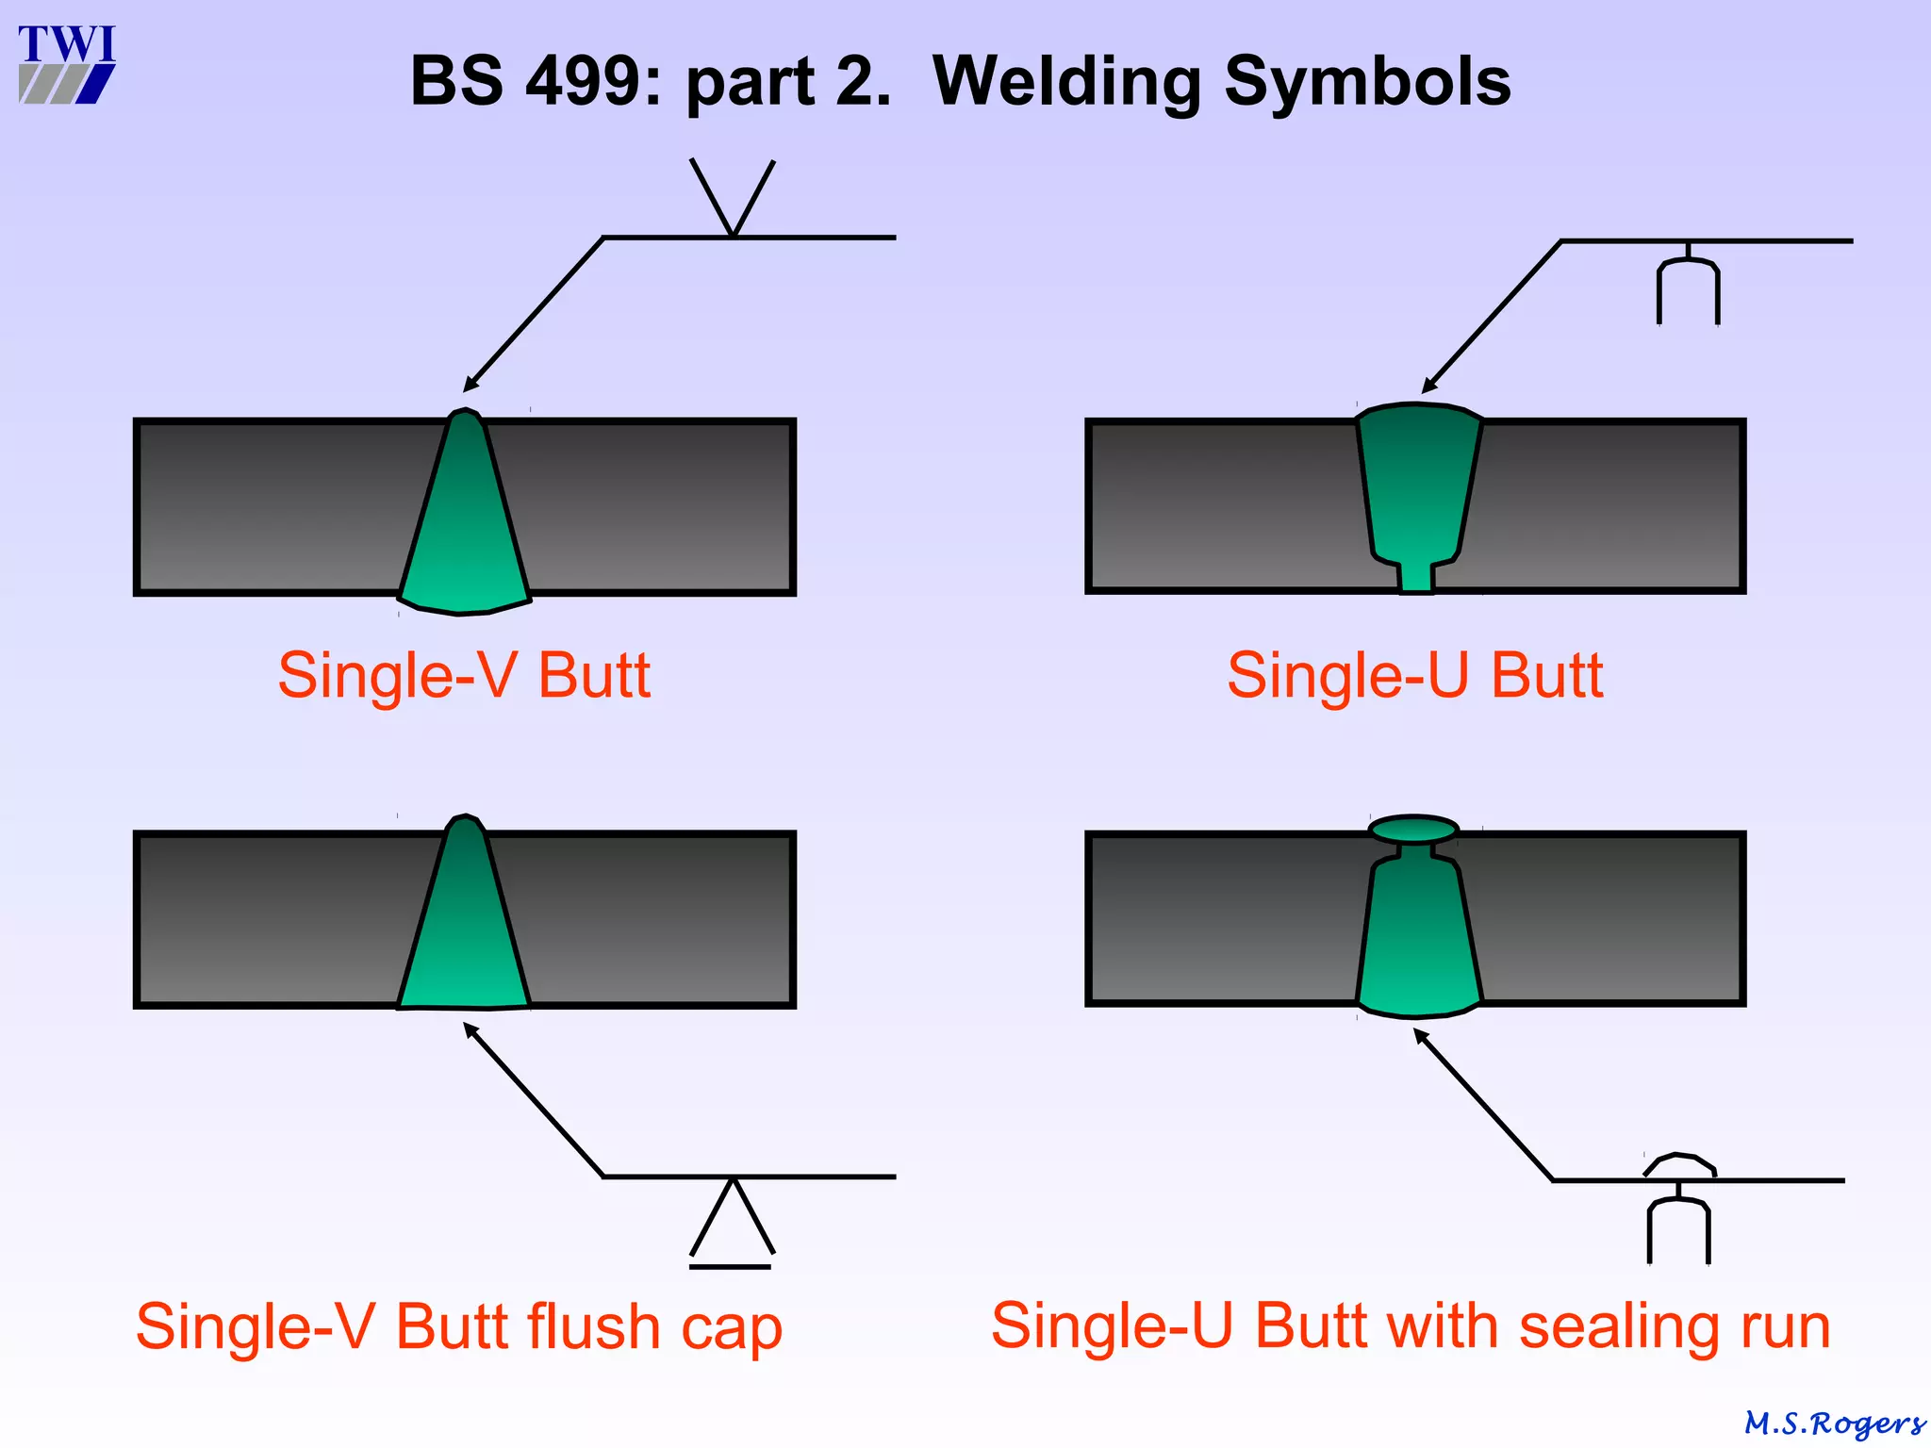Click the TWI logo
pos(66,64)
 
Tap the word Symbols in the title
pos(1367,81)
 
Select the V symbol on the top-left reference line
pos(733,198)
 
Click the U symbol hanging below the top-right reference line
pos(1688,288)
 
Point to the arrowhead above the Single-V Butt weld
pos(470,385)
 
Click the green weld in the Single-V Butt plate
pos(464,528)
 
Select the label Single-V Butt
pos(464,675)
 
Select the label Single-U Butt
pos(1414,675)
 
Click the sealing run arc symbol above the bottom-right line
pos(1679,1165)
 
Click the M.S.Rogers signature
pos(1834,1423)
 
